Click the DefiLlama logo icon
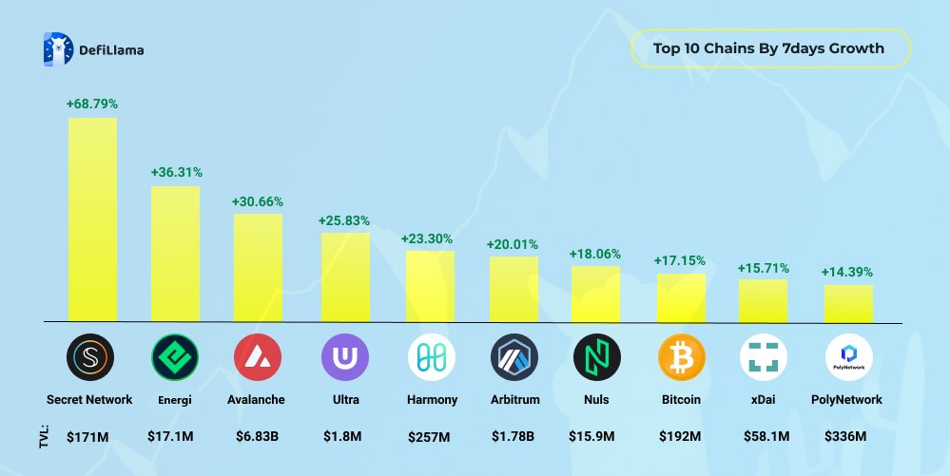point(58,49)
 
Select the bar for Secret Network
point(92,219)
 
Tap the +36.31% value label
point(176,172)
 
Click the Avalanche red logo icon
point(258,358)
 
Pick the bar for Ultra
point(345,276)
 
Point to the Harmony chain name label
point(433,400)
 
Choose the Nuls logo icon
point(597,358)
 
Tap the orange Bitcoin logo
point(682,358)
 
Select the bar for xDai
point(763,300)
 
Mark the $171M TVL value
point(88,437)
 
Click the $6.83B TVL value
point(257,437)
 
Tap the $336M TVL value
point(847,437)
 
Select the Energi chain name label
point(175,400)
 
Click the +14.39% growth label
point(847,273)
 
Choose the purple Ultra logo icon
point(345,358)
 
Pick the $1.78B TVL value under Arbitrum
point(514,437)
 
